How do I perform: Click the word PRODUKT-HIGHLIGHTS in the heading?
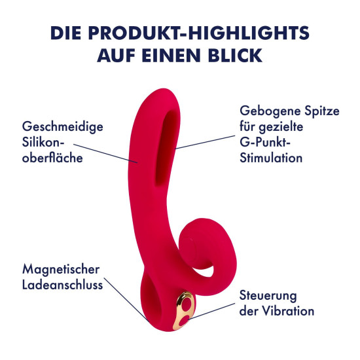[199, 33]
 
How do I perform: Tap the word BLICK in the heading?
[235, 56]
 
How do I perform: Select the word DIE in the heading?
[65, 33]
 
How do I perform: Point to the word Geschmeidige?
[62, 127]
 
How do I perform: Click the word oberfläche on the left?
[52, 158]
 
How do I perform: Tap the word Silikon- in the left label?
[43, 142]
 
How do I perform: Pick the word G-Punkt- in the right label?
[265, 142]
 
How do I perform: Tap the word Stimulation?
[271, 158]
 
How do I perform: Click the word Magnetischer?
[61, 269]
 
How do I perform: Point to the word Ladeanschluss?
[62, 285]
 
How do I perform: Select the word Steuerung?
[268, 296]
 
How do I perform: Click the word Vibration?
[288, 311]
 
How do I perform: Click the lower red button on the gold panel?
[184, 321]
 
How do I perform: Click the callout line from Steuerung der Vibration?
[211, 311]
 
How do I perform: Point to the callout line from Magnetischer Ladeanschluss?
[126, 300]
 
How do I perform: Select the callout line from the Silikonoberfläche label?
[105, 154]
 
